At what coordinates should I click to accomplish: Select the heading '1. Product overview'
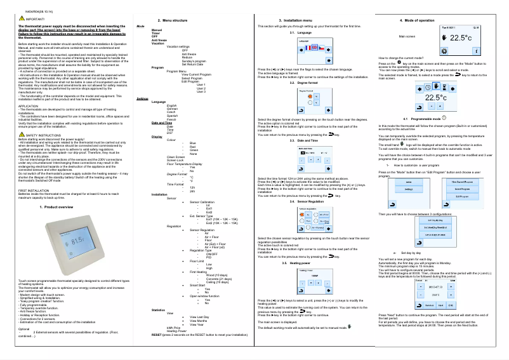tap(56, 207)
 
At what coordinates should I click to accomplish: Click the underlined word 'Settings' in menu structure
tap(142, 100)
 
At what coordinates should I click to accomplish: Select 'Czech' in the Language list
tap(171, 112)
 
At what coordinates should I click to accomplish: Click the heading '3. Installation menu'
tap(281, 21)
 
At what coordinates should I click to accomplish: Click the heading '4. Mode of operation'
tap(417, 21)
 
